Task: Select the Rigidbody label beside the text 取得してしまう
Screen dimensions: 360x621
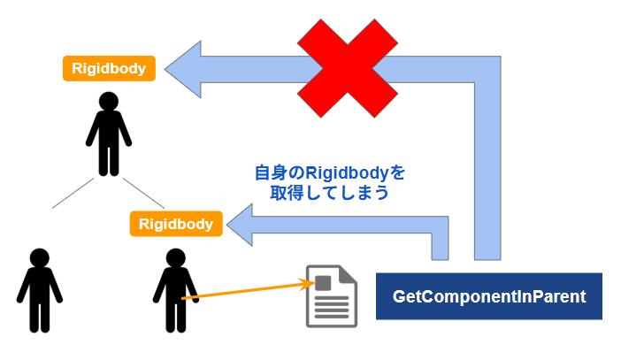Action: pyautogui.click(x=176, y=224)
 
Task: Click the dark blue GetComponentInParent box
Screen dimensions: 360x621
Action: pyautogui.click(x=489, y=296)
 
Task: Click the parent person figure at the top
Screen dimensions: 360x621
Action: pyautogui.click(x=109, y=133)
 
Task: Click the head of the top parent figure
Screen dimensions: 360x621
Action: pyautogui.click(x=109, y=101)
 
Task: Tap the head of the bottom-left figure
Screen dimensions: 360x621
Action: pyautogui.click(x=39, y=257)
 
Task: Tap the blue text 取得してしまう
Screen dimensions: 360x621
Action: pyautogui.click(x=329, y=193)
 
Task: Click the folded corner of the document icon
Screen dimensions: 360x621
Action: pyautogui.click(x=349, y=273)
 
